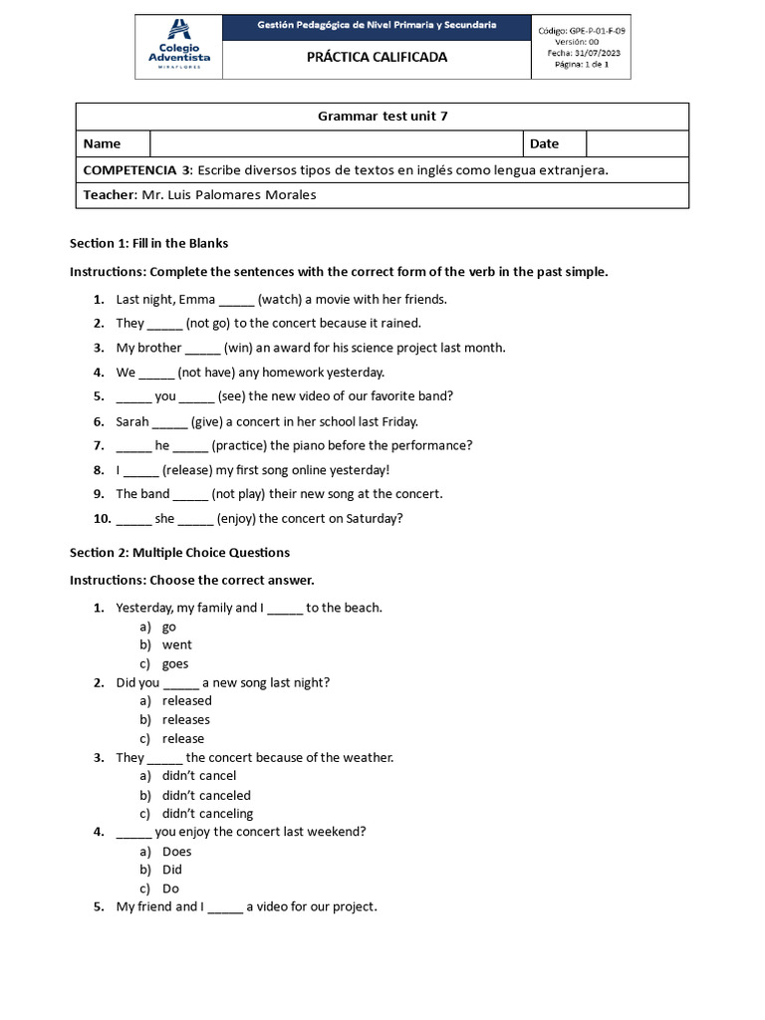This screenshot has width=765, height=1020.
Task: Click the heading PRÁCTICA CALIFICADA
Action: tap(377, 58)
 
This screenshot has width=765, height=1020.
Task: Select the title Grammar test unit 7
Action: tap(382, 117)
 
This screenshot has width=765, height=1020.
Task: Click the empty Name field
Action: tap(336, 143)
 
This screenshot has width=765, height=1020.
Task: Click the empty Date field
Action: tap(637, 143)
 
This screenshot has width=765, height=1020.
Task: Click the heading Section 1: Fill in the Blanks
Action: tap(148, 243)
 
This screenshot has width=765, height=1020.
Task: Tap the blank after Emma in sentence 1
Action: tap(236, 300)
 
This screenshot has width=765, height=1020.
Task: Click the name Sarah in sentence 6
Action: tap(132, 421)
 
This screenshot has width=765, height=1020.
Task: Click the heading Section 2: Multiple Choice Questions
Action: tap(179, 552)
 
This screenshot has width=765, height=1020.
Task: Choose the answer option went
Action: tap(177, 644)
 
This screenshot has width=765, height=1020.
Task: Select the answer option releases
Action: tap(186, 719)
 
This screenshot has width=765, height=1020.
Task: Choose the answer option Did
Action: tap(172, 870)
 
